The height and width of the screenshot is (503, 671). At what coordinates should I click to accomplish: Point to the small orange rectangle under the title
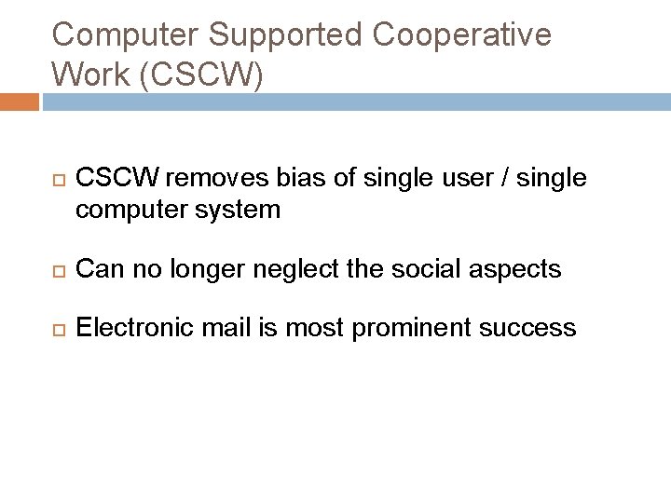tap(19, 101)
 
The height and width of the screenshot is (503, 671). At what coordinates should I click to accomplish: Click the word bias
tap(283, 177)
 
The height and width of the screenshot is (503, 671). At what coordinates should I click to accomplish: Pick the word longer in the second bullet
tap(206, 269)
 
